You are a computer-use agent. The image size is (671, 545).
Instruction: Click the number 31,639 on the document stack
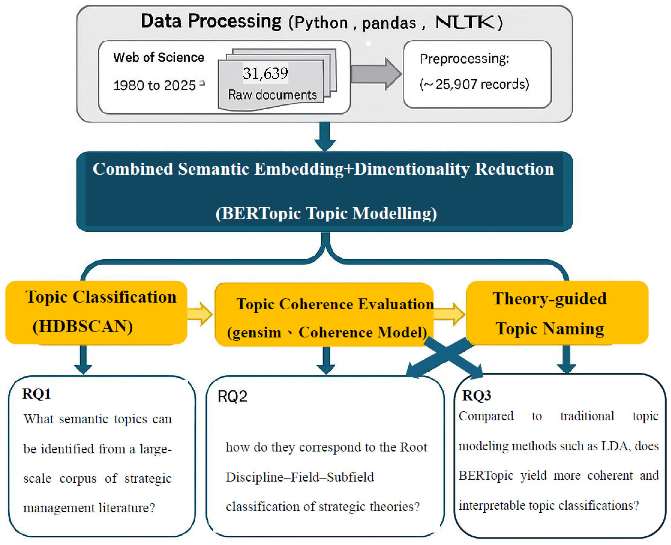265,73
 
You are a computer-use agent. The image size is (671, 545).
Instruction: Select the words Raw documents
272,95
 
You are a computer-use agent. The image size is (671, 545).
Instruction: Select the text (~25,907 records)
474,84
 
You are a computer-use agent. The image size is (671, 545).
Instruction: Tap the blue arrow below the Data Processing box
325,137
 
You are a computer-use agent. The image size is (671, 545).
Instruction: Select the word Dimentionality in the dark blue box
411,169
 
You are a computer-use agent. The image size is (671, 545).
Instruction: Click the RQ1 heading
36,394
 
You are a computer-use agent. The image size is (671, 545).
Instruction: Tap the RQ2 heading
232,396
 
